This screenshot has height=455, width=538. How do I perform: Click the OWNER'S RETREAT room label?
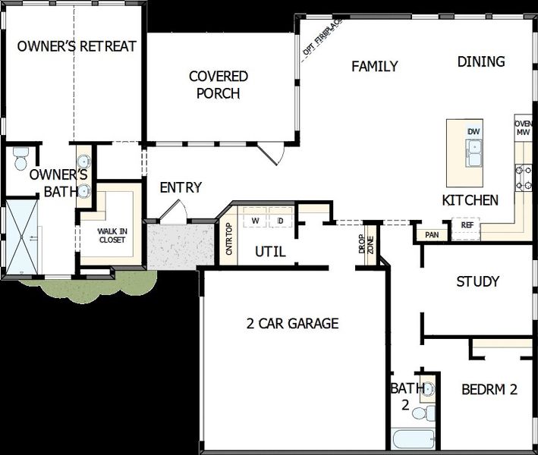click(x=77, y=46)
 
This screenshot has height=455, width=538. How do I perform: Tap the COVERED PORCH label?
click(x=218, y=85)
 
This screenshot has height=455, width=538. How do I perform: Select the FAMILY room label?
click(x=374, y=67)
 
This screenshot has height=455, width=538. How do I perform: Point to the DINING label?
click(x=481, y=62)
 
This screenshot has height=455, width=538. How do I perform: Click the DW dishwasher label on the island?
click(x=474, y=132)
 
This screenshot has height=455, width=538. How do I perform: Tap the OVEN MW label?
click(x=523, y=128)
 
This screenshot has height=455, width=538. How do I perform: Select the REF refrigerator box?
click(x=467, y=225)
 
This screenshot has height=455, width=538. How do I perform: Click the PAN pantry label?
click(x=432, y=235)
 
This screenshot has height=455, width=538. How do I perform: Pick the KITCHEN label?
click(x=470, y=200)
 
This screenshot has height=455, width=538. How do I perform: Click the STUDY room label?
click(x=477, y=282)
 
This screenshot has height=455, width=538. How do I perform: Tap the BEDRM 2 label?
click(x=489, y=390)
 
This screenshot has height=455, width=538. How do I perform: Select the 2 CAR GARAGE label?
click(x=292, y=324)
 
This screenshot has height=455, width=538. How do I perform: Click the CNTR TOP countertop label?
click(x=228, y=242)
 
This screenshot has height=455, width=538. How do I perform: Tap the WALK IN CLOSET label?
click(x=112, y=236)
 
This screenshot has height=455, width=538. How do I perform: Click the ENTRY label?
click(x=181, y=187)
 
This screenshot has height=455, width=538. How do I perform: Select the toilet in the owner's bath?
click(x=20, y=159)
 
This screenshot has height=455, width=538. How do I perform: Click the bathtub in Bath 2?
click(x=413, y=440)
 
